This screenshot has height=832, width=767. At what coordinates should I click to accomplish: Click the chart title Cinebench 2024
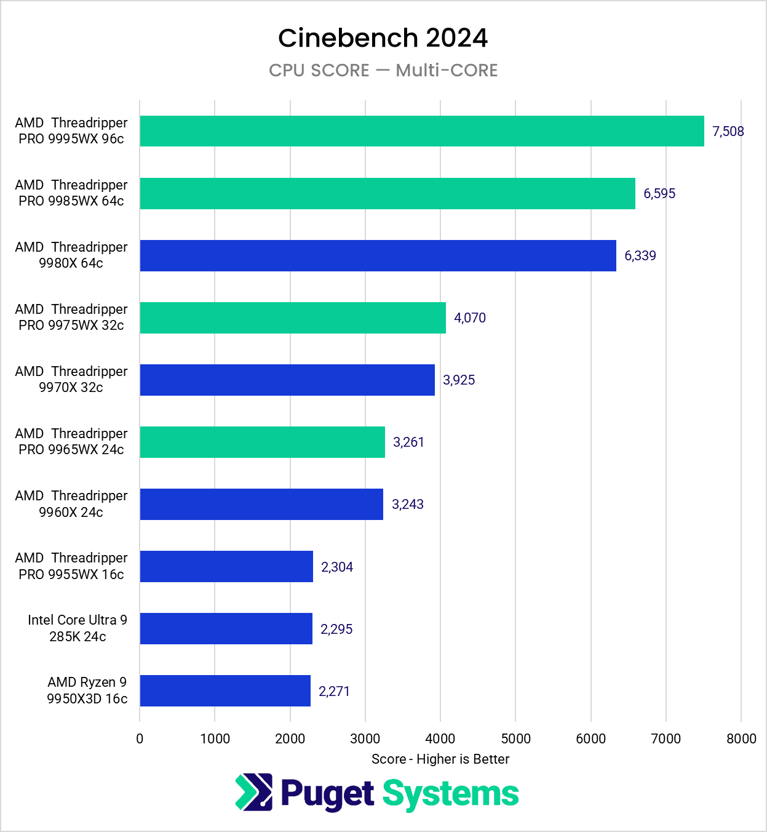pyautogui.click(x=383, y=38)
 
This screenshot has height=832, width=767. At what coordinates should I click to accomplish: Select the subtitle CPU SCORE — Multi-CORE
pyautogui.click(x=383, y=70)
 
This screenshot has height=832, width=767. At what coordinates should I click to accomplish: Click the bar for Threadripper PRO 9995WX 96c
pyautogui.click(x=422, y=131)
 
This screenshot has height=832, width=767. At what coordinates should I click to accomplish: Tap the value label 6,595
pyautogui.click(x=659, y=193)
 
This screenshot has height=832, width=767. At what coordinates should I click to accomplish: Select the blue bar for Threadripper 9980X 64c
pyautogui.click(x=378, y=255)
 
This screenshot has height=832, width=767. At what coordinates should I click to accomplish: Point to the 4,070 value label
pyautogui.click(x=470, y=318)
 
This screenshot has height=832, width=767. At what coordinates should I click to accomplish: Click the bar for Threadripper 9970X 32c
pyautogui.click(x=287, y=380)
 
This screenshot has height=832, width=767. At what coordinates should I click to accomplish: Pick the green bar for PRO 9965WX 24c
pyautogui.click(x=262, y=442)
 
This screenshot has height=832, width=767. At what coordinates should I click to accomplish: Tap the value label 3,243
pyautogui.click(x=408, y=504)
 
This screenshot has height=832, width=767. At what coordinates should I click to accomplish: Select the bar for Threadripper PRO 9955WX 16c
pyautogui.click(x=226, y=566)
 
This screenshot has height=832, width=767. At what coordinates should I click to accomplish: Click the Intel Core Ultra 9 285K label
pyautogui.click(x=77, y=628)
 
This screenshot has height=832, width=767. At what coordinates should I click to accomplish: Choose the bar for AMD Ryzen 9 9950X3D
pyautogui.click(x=225, y=690)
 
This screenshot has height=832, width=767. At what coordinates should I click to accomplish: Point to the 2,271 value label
pyautogui.click(x=334, y=691)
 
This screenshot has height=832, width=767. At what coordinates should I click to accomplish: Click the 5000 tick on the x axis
pyautogui.click(x=515, y=738)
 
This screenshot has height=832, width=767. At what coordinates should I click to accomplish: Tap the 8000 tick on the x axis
pyautogui.click(x=741, y=738)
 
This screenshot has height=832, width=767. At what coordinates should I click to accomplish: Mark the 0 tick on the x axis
pyautogui.click(x=140, y=738)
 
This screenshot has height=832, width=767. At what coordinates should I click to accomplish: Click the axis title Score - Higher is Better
pyautogui.click(x=440, y=759)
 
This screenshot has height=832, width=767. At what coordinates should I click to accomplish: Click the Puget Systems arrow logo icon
pyautogui.click(x=254, y=792)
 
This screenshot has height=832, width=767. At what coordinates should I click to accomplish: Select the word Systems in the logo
pyautogui.click(x=451, y=794)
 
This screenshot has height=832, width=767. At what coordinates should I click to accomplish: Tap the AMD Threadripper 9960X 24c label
pyautogui.click(x=71, y=504)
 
